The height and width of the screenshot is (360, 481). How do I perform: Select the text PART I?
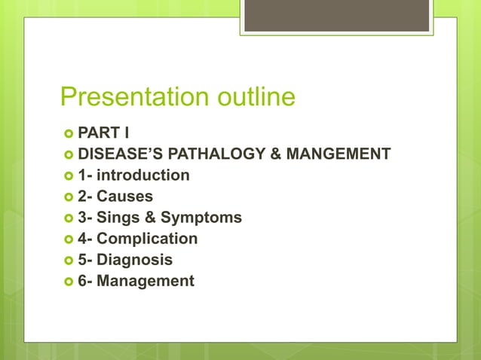[103, 133]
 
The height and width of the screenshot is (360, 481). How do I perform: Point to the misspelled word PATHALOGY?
[216, 154]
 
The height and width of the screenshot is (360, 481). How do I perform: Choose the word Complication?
[147, 239]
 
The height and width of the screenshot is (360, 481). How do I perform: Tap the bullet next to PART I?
[68, 134]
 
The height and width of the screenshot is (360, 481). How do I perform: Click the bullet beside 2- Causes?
[68, 197]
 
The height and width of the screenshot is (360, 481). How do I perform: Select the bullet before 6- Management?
[68, 282]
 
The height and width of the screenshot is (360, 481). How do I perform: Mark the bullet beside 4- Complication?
[68, 239]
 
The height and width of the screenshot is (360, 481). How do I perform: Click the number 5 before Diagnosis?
[81, 260]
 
